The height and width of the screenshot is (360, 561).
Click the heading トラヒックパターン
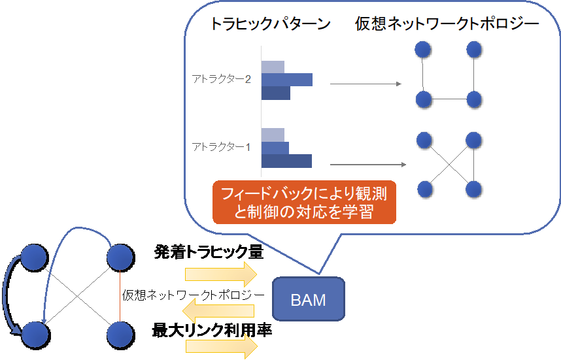pos(269,25)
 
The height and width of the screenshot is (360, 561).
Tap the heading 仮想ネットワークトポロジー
pos(447,25)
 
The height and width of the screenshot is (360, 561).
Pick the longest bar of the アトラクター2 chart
pos(287,80)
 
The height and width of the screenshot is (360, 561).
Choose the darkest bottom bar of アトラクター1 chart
pos(286,161)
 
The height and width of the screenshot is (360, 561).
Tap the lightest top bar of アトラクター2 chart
pos(273,67)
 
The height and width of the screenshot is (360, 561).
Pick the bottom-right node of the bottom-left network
pos(120,334)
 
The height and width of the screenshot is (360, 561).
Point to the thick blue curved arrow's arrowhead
pos(16,334)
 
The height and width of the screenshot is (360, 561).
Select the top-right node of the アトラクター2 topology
pos(473,50)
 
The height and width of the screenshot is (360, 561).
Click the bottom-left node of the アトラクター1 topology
pos(425,189)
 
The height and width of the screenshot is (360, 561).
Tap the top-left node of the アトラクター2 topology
pos(424,50)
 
